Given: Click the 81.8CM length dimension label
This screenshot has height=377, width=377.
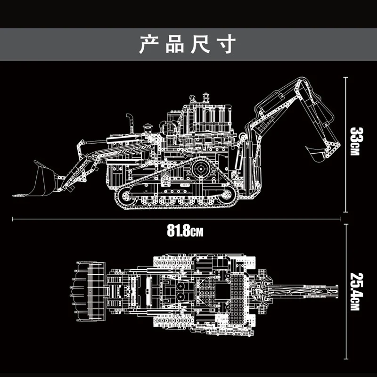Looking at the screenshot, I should (x=185, y=231).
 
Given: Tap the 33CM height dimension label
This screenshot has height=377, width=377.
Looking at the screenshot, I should (x=355, y=141).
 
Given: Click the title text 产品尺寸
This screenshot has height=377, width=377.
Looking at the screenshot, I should (x=187, y=44).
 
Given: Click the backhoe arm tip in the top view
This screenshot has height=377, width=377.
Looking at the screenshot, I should (x=332, y=288).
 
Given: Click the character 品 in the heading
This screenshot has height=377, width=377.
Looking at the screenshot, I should (x=174, y=44).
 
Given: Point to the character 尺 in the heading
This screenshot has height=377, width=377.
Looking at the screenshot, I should (x=200, y=44).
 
